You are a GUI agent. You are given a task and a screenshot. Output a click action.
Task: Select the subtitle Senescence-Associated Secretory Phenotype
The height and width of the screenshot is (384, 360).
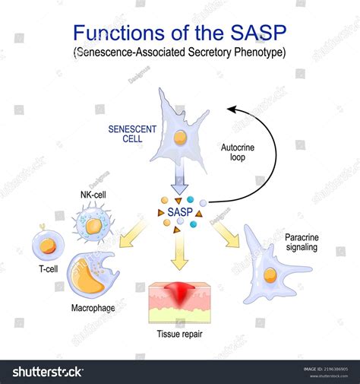pos(179,56)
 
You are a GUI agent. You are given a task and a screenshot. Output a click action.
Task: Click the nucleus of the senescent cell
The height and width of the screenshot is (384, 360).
pos(181,138)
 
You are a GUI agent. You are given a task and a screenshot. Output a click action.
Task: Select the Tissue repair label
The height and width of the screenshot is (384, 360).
pos(179,335)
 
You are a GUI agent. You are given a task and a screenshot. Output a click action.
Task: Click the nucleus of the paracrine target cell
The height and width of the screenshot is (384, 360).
pos(269,275)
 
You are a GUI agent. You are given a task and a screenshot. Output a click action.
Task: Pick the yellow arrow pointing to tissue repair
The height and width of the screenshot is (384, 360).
pos(179,252)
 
